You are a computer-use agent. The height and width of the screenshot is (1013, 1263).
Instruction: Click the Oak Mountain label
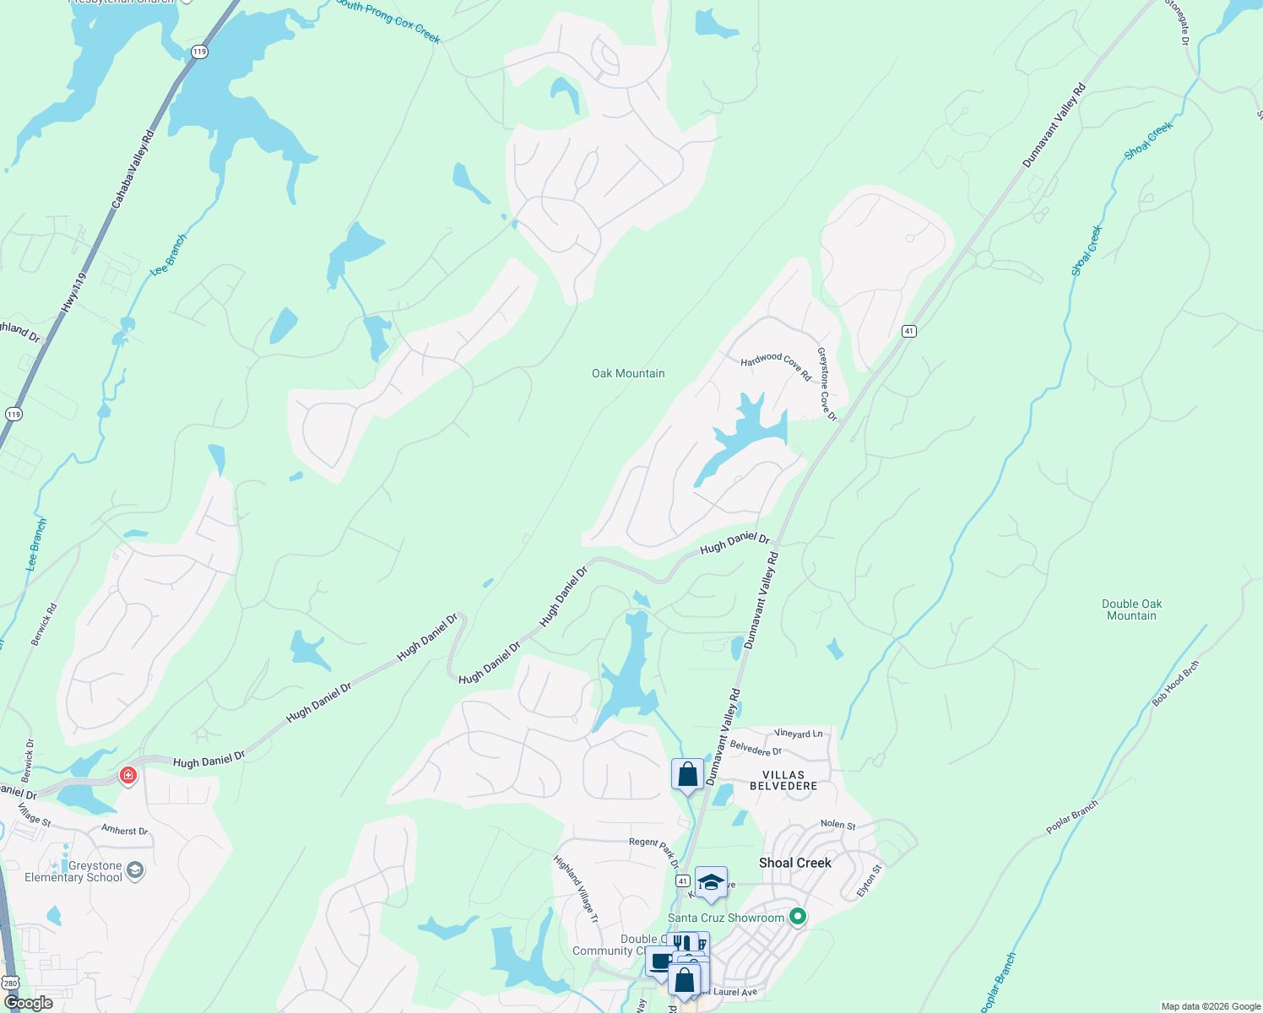tap(628, 373)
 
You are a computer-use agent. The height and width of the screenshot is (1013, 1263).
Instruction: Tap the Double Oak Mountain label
tap(1131, 609)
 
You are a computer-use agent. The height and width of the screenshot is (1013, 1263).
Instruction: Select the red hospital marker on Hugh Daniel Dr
tap(127, 775)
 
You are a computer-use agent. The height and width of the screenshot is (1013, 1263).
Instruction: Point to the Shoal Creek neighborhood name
tap(794, 863)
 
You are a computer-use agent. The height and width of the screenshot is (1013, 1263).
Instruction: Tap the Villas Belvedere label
tap(783, 780)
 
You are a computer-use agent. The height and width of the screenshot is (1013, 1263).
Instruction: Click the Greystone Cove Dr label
tap(827, 384)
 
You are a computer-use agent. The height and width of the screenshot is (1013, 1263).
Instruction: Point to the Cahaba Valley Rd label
tap(133, 169)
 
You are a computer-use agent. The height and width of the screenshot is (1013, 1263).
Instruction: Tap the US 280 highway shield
tap(10, 983)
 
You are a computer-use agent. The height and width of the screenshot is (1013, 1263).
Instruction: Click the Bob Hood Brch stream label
tap(1175, 683)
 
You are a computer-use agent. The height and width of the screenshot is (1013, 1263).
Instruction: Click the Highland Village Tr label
tap(576, 889)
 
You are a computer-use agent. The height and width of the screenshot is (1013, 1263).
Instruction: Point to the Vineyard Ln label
tap(798, 734)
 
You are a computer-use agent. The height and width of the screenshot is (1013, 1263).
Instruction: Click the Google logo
tap(29, 1003)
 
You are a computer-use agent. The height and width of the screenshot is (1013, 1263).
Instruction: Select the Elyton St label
tap(869, 880)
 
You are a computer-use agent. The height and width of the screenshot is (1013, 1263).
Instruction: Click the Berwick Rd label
tap(45, 625)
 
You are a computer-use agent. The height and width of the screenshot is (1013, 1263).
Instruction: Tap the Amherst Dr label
tap(124, 830)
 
